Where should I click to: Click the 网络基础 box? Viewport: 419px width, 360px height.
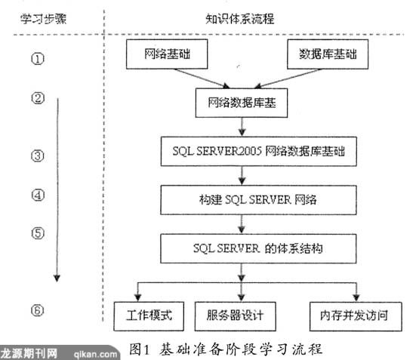tap(167, 54)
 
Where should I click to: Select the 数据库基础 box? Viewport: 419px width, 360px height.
tap(328, 54)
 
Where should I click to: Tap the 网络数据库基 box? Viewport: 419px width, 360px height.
tap(242, 103)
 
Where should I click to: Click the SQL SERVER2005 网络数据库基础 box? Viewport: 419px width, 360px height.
tap(259, 152)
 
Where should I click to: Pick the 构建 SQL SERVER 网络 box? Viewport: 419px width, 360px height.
tap(258, 200)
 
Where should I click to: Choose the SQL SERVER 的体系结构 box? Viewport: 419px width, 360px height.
tap(258, 248)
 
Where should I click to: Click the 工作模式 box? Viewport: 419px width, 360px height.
tap(149, 316)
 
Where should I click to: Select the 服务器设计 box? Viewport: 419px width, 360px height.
tap(235, 316)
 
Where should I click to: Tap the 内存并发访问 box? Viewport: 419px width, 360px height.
tap(356, 316)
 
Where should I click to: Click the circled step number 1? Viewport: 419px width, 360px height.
tap(38, 59)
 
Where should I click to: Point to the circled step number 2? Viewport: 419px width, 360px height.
tap(38, 98)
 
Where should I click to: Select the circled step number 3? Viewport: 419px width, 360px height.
tap(38, 156)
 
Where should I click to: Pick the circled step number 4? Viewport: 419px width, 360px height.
tap(38, 195)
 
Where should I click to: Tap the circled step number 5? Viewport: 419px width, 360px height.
tap(38, 233)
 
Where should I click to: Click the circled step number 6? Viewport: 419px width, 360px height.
tap(37, 310)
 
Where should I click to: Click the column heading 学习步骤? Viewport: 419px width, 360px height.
tap(44, 19)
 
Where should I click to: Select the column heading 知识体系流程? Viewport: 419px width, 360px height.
tap(239, 19)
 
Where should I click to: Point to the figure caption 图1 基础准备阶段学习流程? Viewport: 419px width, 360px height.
tap(226, 349)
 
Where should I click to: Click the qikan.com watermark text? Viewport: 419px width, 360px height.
tap(95, 354)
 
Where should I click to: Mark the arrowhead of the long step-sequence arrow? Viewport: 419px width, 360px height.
tap(57, 278)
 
